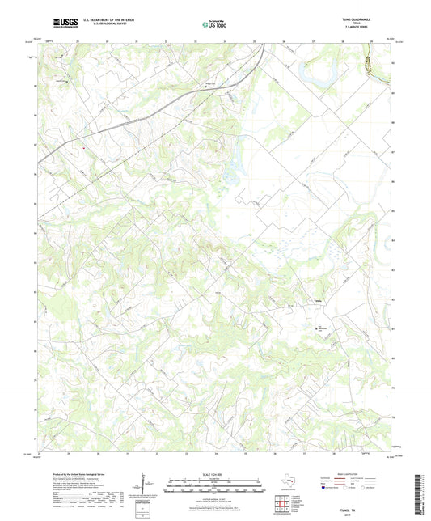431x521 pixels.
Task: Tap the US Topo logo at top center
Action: click(214, 24)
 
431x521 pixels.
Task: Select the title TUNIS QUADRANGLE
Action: click(369, 18)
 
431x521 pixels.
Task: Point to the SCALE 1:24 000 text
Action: click(215, 474)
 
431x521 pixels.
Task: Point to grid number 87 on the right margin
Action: click(392, 151)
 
